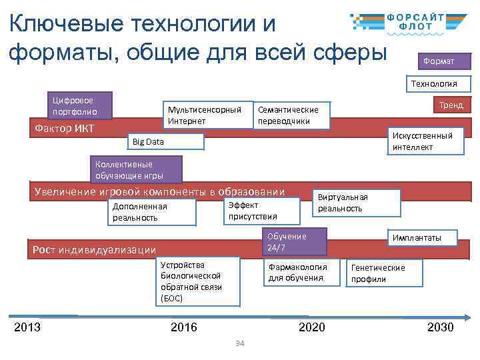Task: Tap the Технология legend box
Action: point(438,84)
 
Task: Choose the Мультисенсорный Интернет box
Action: point(205,115)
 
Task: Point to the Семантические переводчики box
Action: point(293,115)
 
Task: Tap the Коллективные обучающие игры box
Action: point(127,171)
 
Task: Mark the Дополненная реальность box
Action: point(153,212)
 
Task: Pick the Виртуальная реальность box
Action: point(357,203)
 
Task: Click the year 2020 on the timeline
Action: point(312,327)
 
